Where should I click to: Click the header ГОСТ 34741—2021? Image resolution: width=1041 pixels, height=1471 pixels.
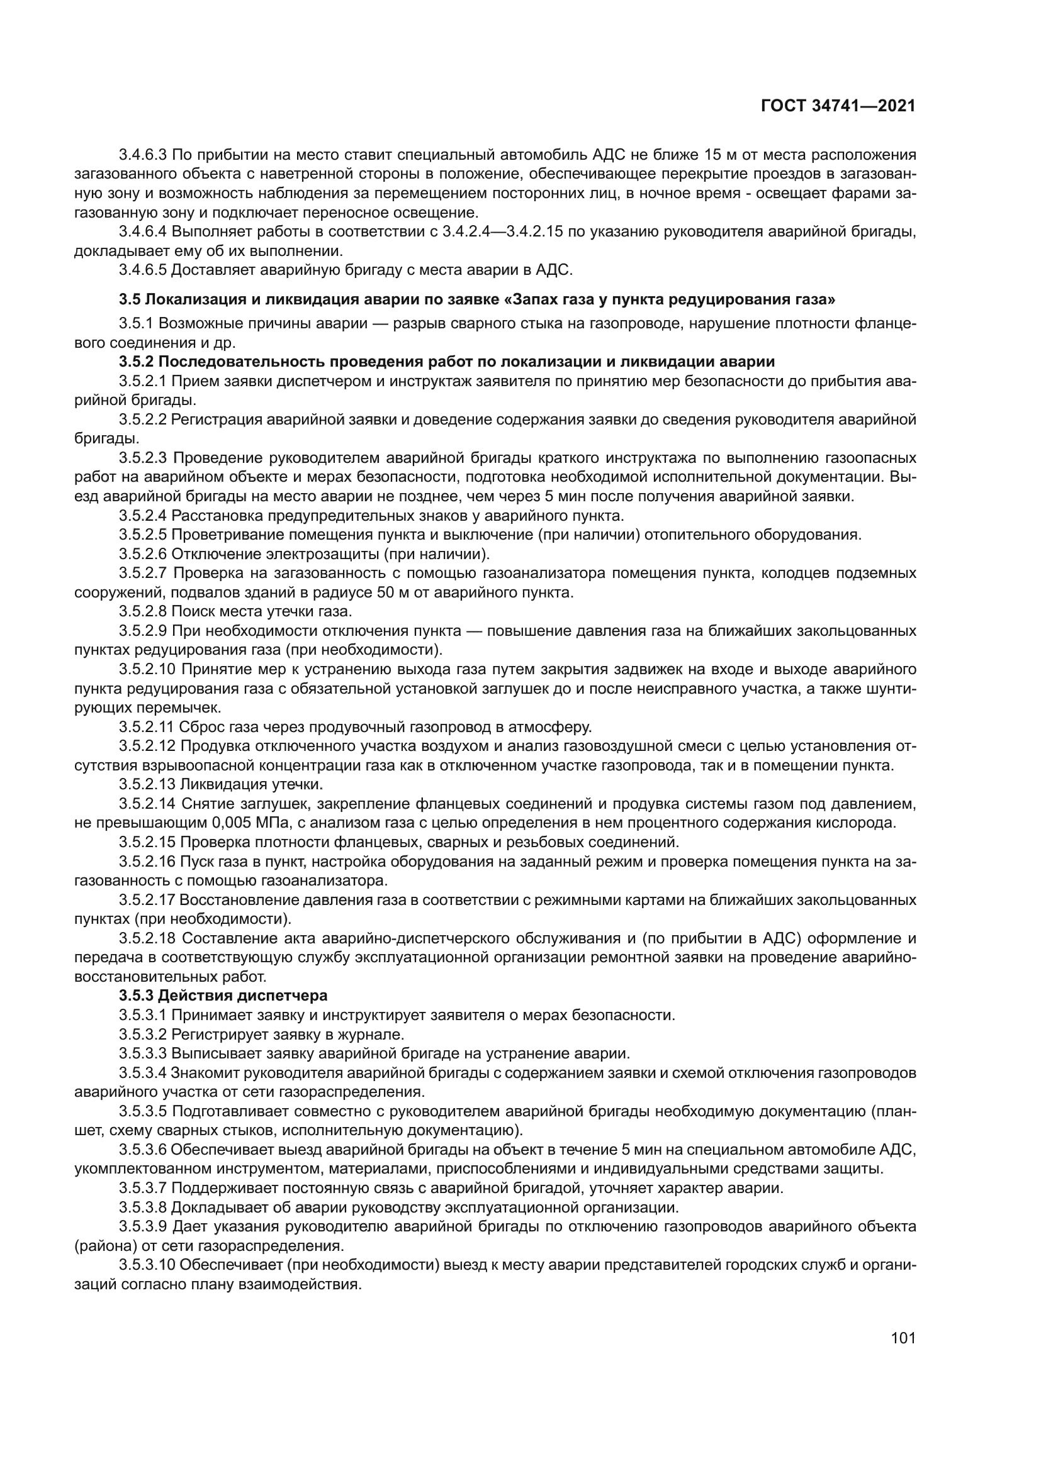(837, 106)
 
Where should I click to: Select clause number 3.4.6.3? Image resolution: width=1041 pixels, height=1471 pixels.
(142, 155)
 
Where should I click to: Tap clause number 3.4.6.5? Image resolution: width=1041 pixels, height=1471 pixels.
(142, 270)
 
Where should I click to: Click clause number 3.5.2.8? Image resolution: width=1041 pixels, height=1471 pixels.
(142, 611)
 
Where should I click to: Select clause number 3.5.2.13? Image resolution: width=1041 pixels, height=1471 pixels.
(147, 784)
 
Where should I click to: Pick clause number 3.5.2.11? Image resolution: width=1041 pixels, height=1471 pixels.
(146, 726)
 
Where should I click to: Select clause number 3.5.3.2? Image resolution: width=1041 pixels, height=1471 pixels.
(142, 1034)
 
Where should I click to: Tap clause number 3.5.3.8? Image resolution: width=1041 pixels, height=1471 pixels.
(142, 1207)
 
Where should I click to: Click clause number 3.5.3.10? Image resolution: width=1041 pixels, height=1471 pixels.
(147, 1265)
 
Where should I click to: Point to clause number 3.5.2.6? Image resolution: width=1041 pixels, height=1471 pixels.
(142, 553)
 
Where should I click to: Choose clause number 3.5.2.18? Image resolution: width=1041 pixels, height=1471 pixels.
(147, 938)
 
